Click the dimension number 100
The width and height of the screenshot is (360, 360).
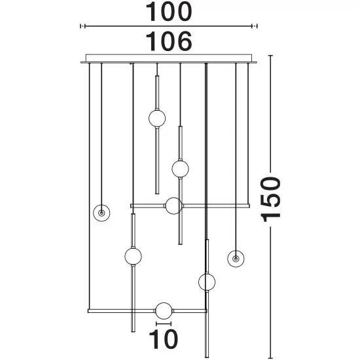tap(169, 12)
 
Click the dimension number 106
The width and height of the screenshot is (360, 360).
tap(169, 41)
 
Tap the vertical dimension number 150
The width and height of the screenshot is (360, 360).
tap(270, 199)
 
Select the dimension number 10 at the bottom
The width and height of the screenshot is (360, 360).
tap(163, 339)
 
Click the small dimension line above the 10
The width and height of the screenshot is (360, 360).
tap(164, 324)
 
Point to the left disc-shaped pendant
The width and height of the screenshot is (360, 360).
tap(101, 213)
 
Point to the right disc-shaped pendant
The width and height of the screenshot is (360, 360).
tap(236, 259)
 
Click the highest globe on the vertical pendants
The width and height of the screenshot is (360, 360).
tap(157, 118)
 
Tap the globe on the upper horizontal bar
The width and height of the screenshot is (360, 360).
tap(174, 206)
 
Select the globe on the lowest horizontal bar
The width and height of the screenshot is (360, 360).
tap(164, 311)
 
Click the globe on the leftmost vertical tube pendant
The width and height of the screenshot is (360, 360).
tap(133, 256)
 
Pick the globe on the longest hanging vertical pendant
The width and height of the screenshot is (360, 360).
tap(207, 282)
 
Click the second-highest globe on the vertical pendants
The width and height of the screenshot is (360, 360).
tap(180, 169)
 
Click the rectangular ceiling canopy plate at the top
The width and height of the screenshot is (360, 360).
tap(169, 58)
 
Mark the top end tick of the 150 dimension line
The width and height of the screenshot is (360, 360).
tap(270, 56)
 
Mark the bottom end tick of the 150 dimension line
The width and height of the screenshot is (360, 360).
tap(270, 357)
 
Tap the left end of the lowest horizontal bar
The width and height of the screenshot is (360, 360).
tap(88, 311)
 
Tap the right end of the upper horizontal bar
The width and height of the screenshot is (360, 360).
tap(249, 206)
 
